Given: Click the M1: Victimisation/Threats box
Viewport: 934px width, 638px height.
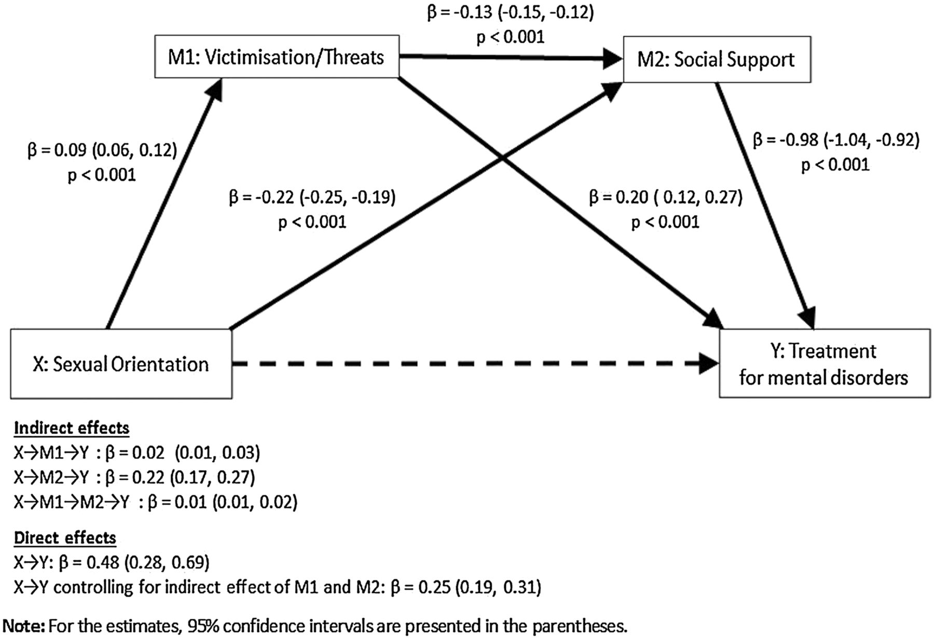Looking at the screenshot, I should point(277,57).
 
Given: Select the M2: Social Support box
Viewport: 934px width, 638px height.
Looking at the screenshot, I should point(717,60).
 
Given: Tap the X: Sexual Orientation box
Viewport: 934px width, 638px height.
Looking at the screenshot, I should point(121,364).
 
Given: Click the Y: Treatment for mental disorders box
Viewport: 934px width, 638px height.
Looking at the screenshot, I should point(824,364).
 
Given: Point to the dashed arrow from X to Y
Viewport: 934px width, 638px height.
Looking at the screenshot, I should point(467,364).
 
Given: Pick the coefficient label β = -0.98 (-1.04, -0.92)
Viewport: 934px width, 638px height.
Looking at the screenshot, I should point(836,140).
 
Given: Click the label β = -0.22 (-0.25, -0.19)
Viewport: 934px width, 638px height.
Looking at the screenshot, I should point(312,198).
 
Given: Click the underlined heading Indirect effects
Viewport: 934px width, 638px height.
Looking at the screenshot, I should point(72,428).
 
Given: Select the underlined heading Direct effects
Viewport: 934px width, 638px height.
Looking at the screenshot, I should point(65,538).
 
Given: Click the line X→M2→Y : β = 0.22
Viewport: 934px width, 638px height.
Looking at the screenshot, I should point(134,477).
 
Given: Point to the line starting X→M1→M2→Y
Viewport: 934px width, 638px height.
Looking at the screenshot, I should point(155,502).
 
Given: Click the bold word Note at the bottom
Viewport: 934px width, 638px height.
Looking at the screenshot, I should point(24,626).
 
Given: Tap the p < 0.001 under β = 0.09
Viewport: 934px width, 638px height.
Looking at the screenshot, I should point(102,175).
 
